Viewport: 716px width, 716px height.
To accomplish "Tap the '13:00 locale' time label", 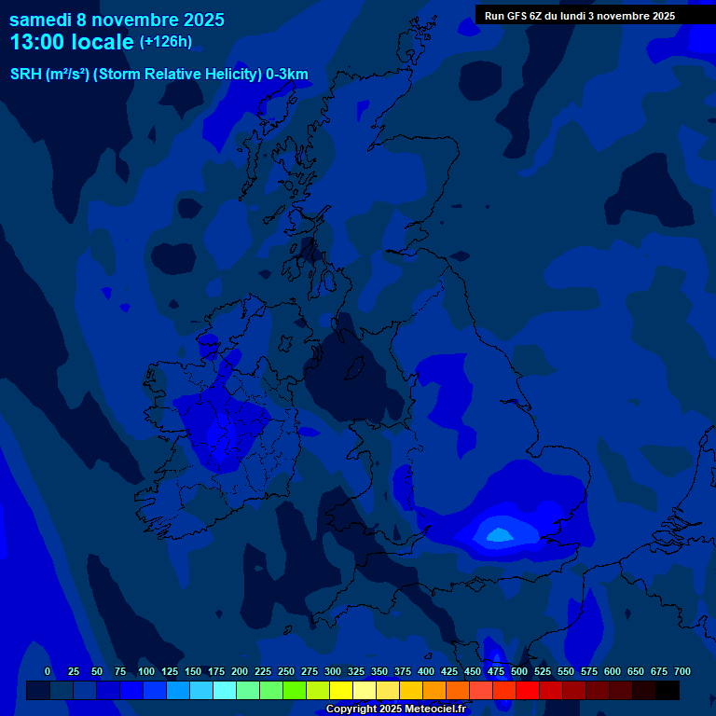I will [x=72, y=42].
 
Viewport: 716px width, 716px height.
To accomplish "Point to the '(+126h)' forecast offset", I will [x=166, y=42].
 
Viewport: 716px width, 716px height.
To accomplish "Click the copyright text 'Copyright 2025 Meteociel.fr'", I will [x=395, y=709].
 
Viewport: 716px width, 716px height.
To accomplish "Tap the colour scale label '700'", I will [x=682, y=672].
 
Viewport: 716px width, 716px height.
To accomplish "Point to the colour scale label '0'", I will [x=48, y=672].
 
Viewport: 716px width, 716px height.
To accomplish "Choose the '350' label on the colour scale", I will [x=356, y=672].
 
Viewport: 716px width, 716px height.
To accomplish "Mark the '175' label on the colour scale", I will [x=216, y=672].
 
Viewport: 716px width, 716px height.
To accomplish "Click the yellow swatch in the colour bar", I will [x=341, y=691].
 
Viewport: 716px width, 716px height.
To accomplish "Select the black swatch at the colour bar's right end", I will [x=668, y=691].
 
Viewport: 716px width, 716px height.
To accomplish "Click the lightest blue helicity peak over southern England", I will [x=499, y=534].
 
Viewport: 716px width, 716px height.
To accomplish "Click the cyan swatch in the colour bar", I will [x=225, y=691].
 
